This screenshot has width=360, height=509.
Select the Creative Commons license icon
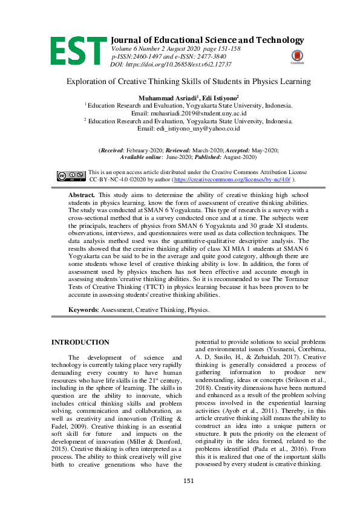(71, 176)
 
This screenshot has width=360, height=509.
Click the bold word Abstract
(82, 196)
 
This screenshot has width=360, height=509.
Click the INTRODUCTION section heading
(80, 343)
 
